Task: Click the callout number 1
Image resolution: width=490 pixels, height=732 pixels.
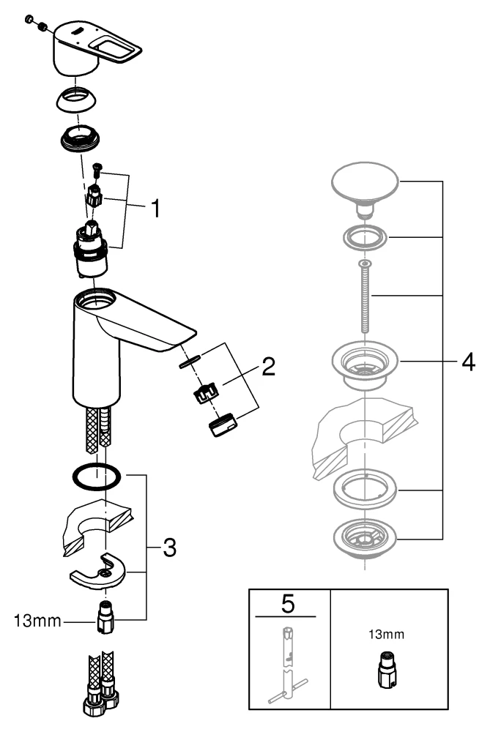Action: (155, 209)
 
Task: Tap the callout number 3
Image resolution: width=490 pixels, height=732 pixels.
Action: (168, 547)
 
